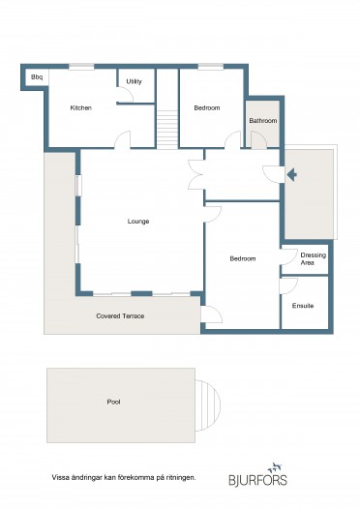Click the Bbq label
coord(37,77)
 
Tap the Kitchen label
coord(81,107)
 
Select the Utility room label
coord(135,81)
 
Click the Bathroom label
coord(263,120)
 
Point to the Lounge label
coord(138,222)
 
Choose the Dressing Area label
coord(313,258)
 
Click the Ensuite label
coord(303,306)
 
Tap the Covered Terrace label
coord(120,315)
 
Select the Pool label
coord(113,402)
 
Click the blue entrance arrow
coord(291,175)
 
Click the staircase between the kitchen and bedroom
coord(167,130)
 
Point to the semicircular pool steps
coord(207,405)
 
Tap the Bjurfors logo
coord(257,474)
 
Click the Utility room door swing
coord(125,94)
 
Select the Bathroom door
coord(258,139)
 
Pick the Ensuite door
coord(288,286)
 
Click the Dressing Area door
coord(289,256)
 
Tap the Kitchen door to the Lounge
coord(122,140)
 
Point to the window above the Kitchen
coord(81,66)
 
